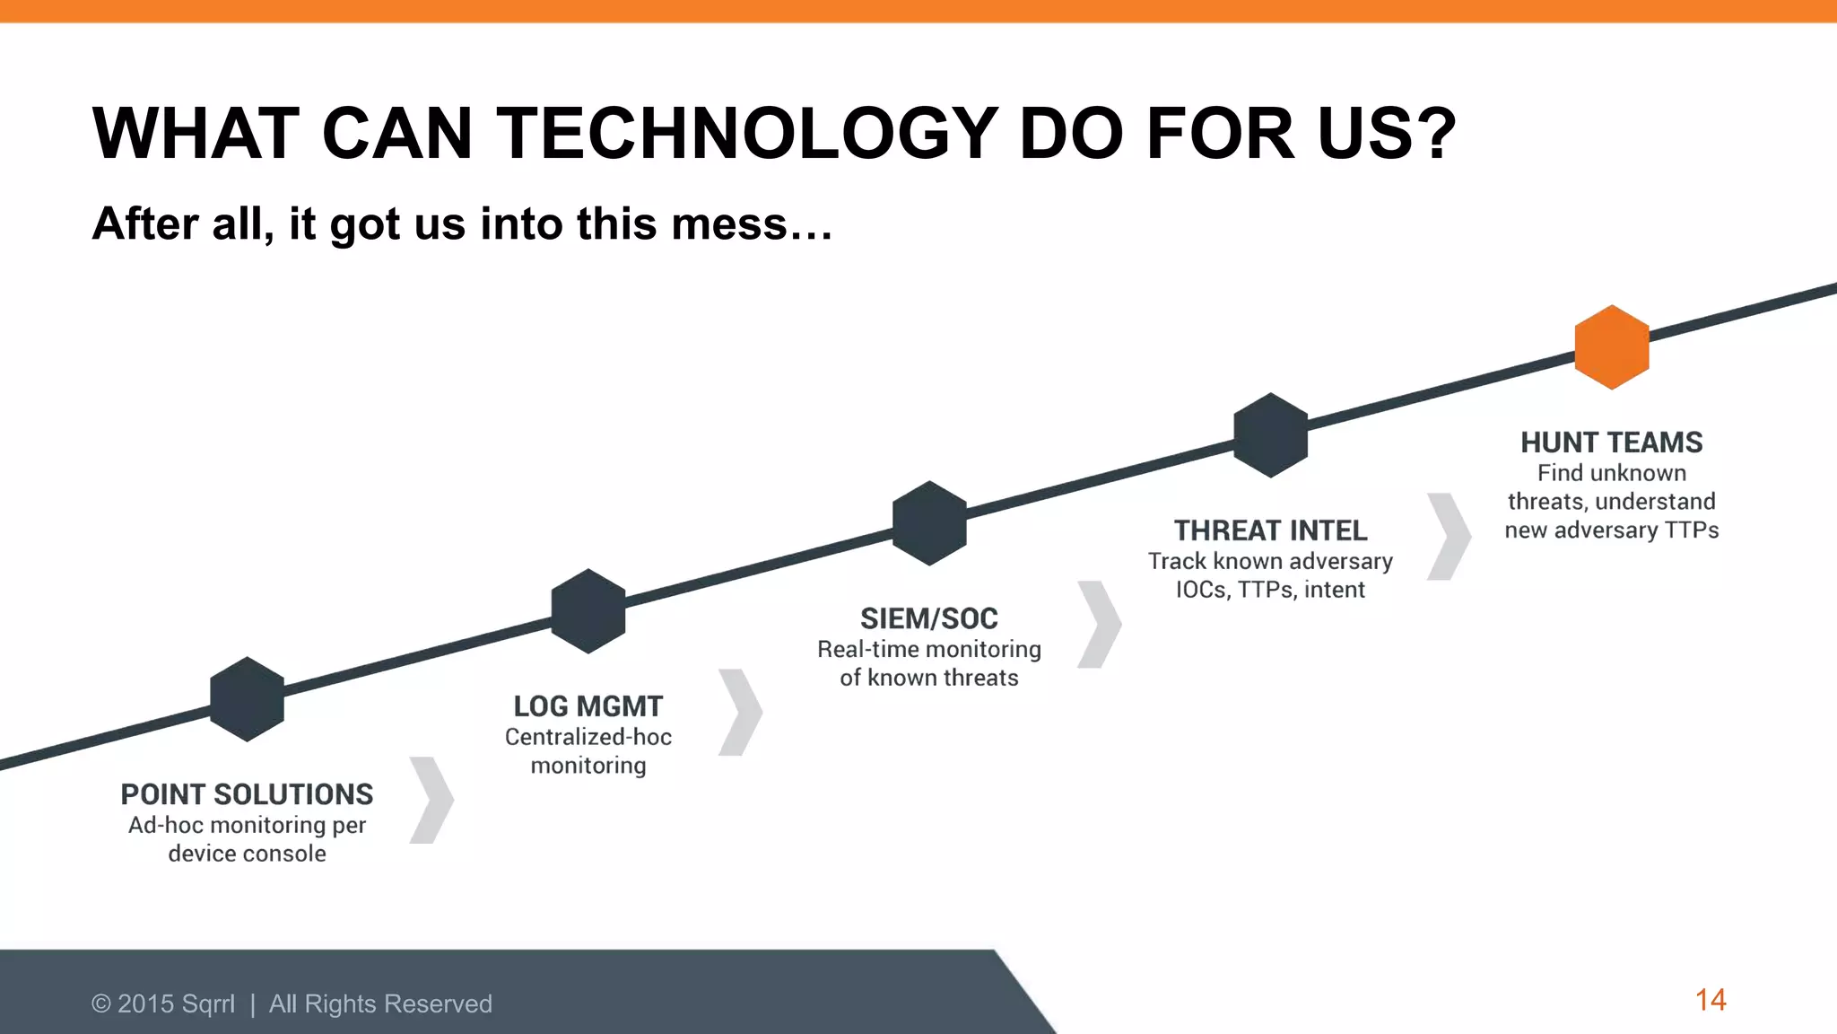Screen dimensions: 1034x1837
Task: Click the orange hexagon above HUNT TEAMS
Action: [1612, 347]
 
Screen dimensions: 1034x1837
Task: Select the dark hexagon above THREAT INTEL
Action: [1270, 435]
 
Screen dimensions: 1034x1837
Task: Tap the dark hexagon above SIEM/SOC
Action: [929, 523]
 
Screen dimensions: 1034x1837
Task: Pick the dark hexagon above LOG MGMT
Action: [588, 611]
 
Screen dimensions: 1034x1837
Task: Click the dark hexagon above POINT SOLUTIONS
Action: [248, 699]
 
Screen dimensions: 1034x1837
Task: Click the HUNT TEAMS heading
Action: [1611, 443]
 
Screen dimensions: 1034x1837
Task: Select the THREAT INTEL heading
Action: [1270, 530]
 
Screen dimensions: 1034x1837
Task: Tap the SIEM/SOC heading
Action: [929, 618]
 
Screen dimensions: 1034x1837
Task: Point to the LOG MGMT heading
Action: [588, 706]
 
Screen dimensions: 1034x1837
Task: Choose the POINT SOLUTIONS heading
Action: [247, 794]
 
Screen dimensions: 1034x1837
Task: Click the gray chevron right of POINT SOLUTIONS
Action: [433, 800]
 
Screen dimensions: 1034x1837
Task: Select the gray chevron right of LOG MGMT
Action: [742, 712]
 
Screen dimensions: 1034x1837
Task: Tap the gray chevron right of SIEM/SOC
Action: [1101, 624]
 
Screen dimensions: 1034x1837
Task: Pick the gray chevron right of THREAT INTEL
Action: [1450, 536]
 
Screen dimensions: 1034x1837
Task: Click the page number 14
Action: [1711, 1000]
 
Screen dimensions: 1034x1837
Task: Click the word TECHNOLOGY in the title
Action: [747, 134]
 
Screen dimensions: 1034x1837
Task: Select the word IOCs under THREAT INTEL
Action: [1202, 590]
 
